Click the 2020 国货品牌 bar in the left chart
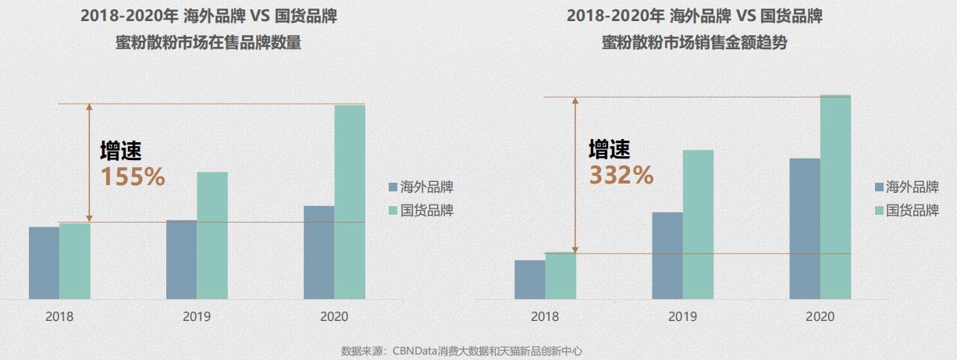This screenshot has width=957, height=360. pos(350,201)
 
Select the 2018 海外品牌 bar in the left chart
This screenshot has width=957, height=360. pos(44,262)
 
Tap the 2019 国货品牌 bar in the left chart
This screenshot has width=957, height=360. pos(212,235)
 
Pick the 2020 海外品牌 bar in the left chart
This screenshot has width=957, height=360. pos(318,252)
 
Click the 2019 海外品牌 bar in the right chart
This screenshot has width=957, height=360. pos(667,255)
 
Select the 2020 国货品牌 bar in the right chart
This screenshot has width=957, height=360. pos(835,197)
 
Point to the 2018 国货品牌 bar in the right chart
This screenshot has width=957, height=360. pos(560,276)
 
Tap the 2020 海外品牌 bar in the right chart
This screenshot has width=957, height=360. pos(805,228)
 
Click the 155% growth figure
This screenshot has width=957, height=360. pos(133,177)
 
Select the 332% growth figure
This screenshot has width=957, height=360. pos(621,176)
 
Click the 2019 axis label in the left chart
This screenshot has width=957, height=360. pos(197,317)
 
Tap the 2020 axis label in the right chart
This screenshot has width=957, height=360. pos(820,317)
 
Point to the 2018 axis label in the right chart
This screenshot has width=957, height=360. pos(545,317)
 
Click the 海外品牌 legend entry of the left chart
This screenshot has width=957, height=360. pos(421,187)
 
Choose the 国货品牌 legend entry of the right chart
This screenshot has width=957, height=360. pos(906,210)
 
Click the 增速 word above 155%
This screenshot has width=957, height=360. pos(121,151)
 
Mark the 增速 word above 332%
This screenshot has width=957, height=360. pos(610,149)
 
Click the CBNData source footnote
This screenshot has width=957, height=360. pos(462,351)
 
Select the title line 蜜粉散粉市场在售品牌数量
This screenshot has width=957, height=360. pos(208,44)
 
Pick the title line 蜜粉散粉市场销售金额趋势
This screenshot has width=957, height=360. pos(694,44)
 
